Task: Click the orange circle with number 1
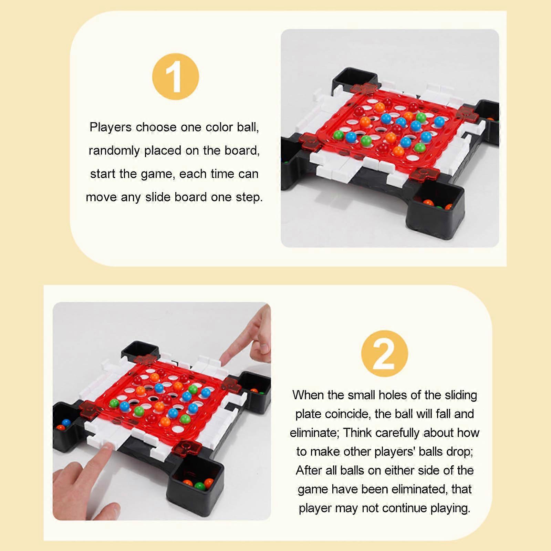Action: tap(175, 76)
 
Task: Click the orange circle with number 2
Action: tap(384, 354)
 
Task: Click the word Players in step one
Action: tap(110, 127)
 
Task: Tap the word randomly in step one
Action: tap(114, 151)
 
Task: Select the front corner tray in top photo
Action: tap(435, 207)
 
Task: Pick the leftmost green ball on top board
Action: tap(339, 135)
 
